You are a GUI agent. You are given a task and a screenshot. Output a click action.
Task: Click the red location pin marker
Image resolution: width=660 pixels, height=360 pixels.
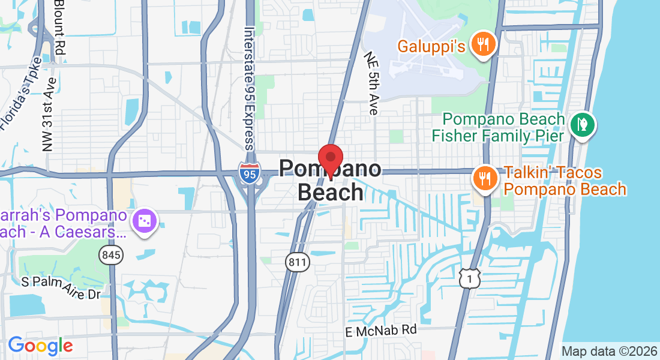pyautogui.click(x=330, y=159)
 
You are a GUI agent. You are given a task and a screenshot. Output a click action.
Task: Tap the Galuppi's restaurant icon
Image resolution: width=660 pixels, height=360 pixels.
pyautogui.click(x=482, y=44)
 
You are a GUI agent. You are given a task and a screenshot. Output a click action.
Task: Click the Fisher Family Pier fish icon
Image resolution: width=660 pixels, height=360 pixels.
pyautogui.click(x=581, y=125)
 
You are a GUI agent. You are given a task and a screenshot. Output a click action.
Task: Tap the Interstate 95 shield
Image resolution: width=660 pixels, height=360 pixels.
pyautogui.click(x=249, y=173)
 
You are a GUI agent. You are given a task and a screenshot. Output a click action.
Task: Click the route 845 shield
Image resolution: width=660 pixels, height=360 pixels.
pyautogui.click(x=111, y=255)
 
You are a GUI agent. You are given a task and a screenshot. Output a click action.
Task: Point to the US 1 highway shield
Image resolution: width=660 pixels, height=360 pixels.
pyautogui.click(x=470, y=277)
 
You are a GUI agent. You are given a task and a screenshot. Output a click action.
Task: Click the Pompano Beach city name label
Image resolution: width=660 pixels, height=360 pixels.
pyautogui.click(x=330, y=180)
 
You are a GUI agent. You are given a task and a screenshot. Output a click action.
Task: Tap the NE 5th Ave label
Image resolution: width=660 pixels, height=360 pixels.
pyautogui.click(x=371, y=83)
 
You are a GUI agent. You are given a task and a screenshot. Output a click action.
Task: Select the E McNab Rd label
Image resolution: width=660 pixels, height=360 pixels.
pyautogui.click(x=380, y=330)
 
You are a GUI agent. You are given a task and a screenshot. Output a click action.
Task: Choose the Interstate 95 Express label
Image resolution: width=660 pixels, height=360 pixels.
pyautogui.click(x=250, y=88)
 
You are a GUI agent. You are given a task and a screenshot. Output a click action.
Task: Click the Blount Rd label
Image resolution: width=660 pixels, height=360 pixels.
pyautogui.click(x=59, y=27)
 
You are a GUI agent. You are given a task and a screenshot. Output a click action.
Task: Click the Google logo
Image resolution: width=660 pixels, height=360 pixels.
pyautogui.click(x=40, y=346)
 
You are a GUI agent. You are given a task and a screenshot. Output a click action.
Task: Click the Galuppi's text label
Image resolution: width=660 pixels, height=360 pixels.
pyautogui.click(x=432, y=46)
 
